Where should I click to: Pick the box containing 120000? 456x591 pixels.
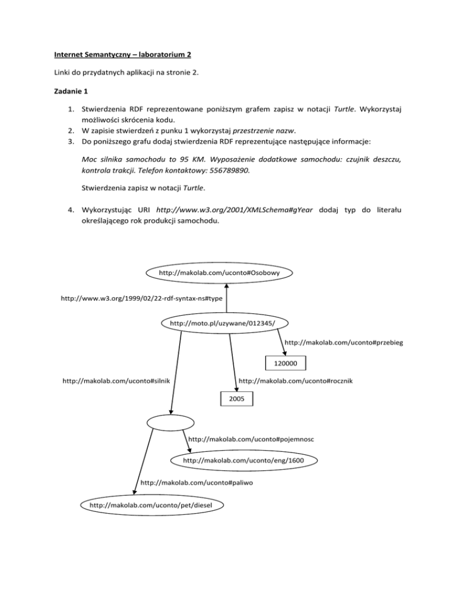(286, 363)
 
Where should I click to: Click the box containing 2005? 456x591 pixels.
(235, 398)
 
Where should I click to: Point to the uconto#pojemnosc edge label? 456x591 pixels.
(251, 439)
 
